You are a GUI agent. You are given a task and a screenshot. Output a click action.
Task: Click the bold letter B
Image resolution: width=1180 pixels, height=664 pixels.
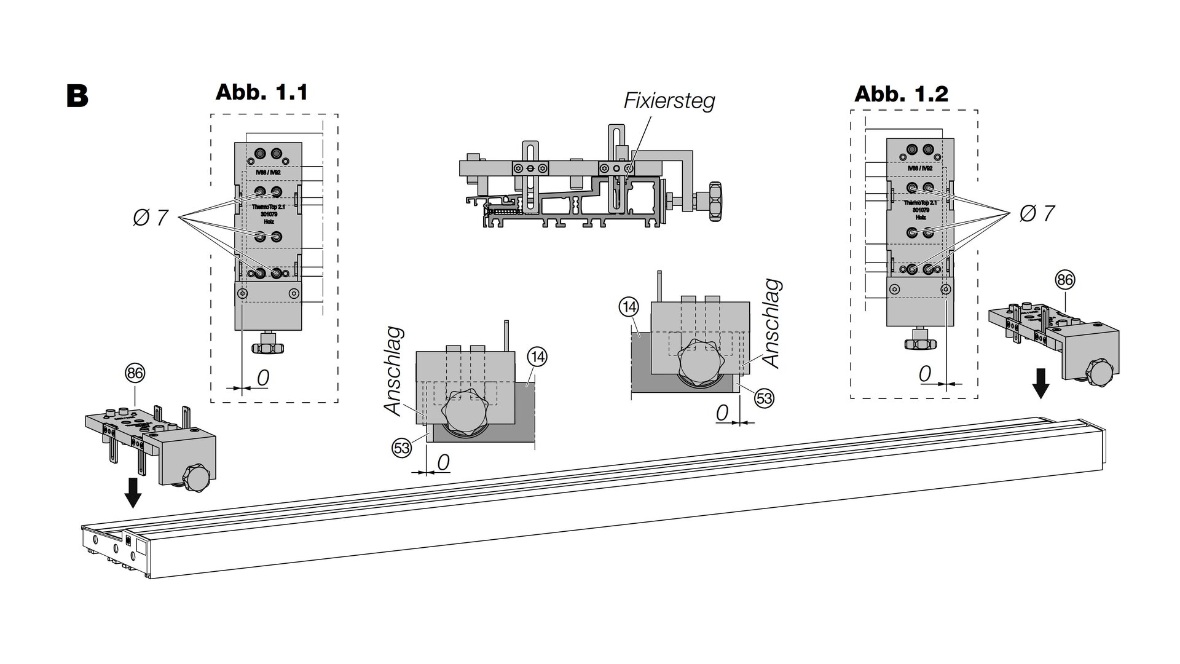(77, 97)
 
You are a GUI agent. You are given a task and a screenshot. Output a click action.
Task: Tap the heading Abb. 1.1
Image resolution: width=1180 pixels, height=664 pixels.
(261, 92)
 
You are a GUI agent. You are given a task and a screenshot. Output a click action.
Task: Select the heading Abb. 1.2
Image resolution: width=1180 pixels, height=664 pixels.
(901, 93)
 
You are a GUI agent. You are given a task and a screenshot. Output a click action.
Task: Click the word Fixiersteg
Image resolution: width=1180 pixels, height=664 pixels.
(669, 100)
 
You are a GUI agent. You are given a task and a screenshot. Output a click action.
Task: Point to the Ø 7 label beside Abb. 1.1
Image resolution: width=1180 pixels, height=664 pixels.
(150, 217)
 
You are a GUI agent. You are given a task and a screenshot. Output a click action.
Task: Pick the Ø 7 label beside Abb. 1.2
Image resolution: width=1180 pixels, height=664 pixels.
(1037, 213)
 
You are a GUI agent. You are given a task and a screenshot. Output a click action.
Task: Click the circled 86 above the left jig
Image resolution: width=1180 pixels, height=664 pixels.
(135, 373)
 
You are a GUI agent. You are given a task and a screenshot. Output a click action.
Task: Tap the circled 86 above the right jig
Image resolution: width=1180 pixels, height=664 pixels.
(1064, 280)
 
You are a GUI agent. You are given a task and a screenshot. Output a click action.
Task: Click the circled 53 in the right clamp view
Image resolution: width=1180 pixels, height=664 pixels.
(763, 398)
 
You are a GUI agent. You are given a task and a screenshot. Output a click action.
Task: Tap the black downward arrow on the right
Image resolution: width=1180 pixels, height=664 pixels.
(1040, 384)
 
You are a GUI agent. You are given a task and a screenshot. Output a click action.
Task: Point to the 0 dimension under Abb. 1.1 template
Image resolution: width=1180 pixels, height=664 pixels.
(262, 377)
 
